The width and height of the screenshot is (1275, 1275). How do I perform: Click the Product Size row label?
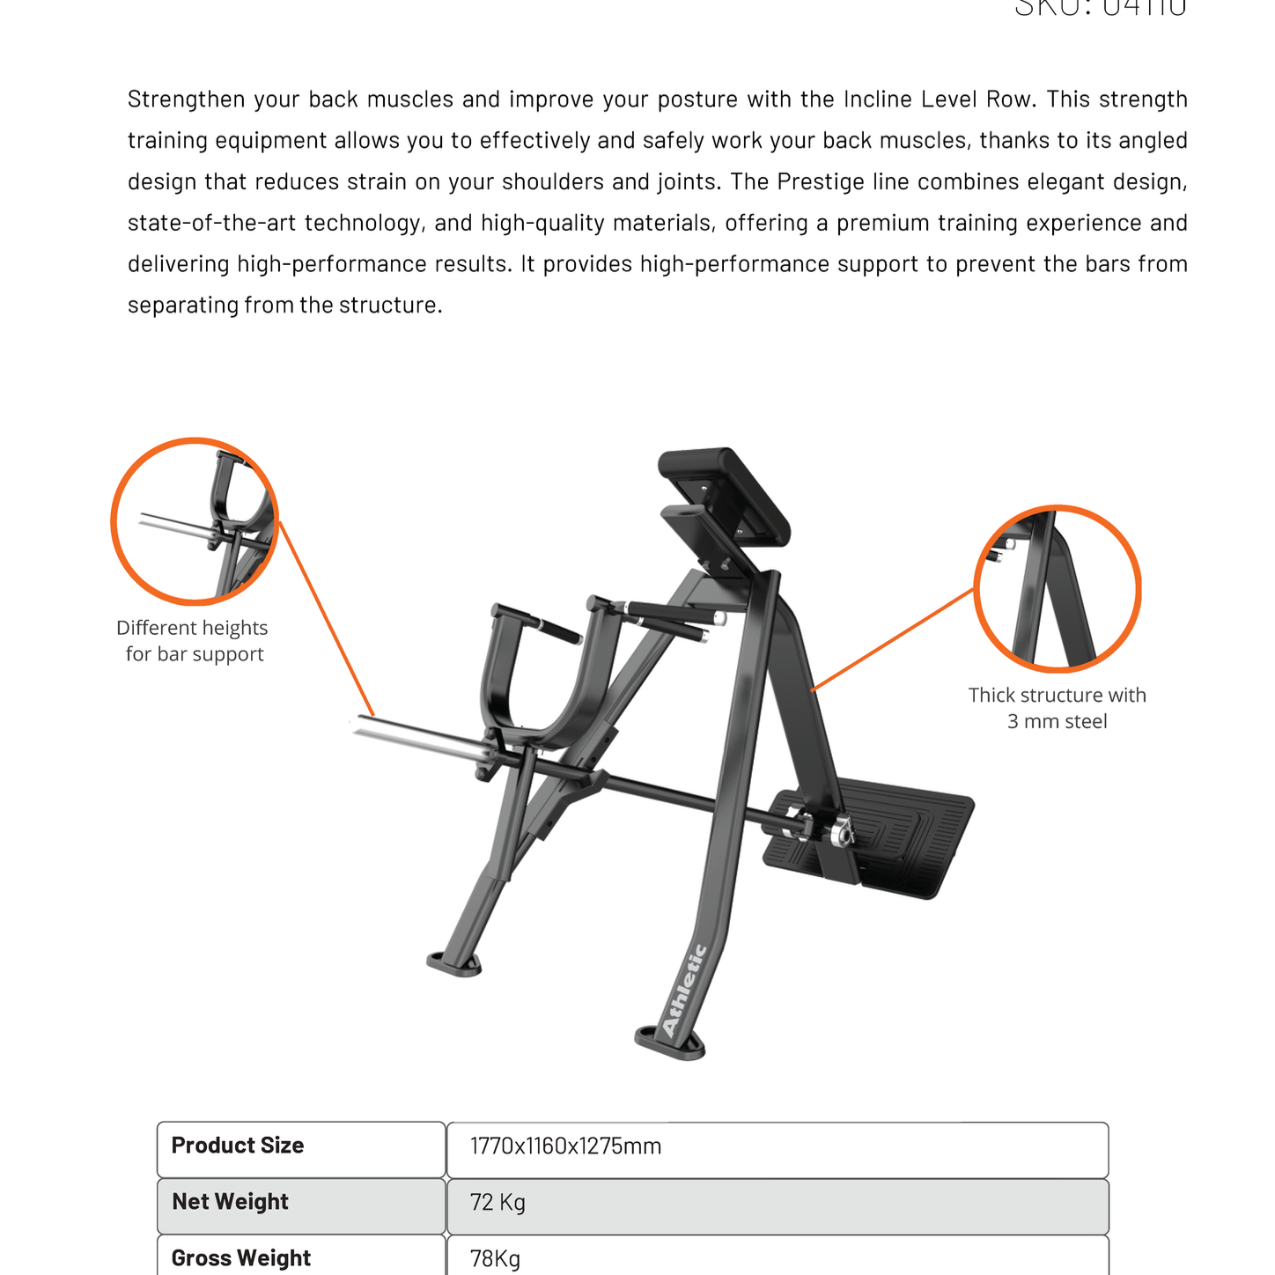point(238,1146)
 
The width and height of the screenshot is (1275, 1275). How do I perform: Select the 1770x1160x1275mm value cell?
point(565,1146)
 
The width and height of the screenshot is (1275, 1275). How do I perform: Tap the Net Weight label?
point(230,1202)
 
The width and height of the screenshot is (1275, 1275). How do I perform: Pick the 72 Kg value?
point(497,1203)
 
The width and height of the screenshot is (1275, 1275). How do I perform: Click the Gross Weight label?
point(240,1258)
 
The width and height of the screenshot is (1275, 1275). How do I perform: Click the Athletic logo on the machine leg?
point(684,991)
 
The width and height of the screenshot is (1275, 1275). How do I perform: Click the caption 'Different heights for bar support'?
point(193,641)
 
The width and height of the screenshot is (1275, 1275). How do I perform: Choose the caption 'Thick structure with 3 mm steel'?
point(1057,708)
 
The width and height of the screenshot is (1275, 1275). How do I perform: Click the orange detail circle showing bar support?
point(195,521)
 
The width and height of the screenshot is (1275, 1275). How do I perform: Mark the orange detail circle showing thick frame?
point(1057,588)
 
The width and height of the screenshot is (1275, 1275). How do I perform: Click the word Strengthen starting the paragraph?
point(186,99)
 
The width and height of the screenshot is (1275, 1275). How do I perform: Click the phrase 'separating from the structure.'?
point(284,306)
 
